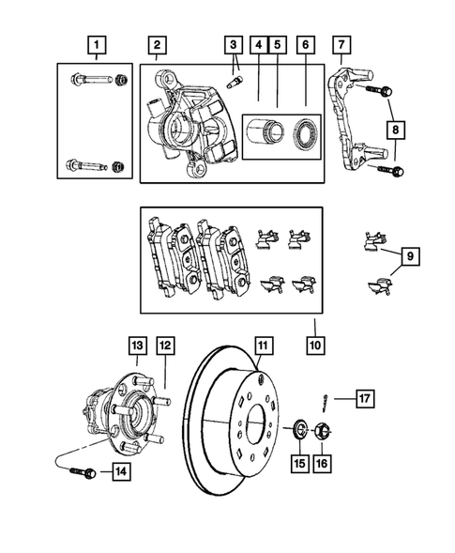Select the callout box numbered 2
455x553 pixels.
[157, 44]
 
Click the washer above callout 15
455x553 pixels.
[297, 431]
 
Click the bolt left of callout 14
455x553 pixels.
[80, 472]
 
